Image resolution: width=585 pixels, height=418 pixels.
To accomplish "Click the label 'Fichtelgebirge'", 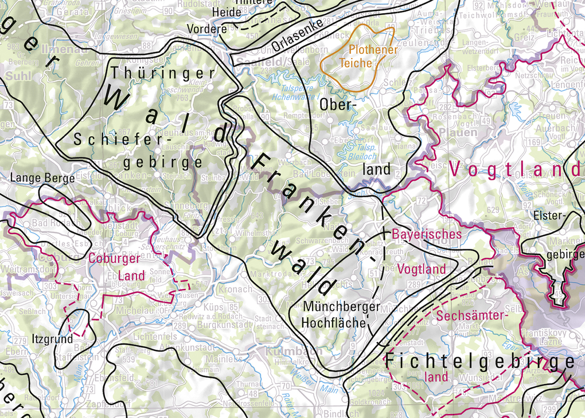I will click(x=479, y=362).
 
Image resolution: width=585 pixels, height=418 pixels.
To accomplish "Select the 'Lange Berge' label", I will click(x=43, y=178).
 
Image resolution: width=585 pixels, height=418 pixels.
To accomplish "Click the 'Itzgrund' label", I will click(x=53, y=339).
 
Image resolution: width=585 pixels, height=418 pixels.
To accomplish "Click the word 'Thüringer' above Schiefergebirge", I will click(x=164, y=73).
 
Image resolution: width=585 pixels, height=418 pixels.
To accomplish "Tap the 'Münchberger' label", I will click(x=342, y=307).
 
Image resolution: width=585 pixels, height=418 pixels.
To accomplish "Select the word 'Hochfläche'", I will click(x=334, y=322).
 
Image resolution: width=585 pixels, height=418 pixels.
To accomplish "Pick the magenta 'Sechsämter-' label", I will click(x=473, y=316).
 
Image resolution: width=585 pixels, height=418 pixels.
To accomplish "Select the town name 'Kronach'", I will click(x=236, y=290).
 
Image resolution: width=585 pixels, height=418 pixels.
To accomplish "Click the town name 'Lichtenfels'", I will click(x=154, y=336).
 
